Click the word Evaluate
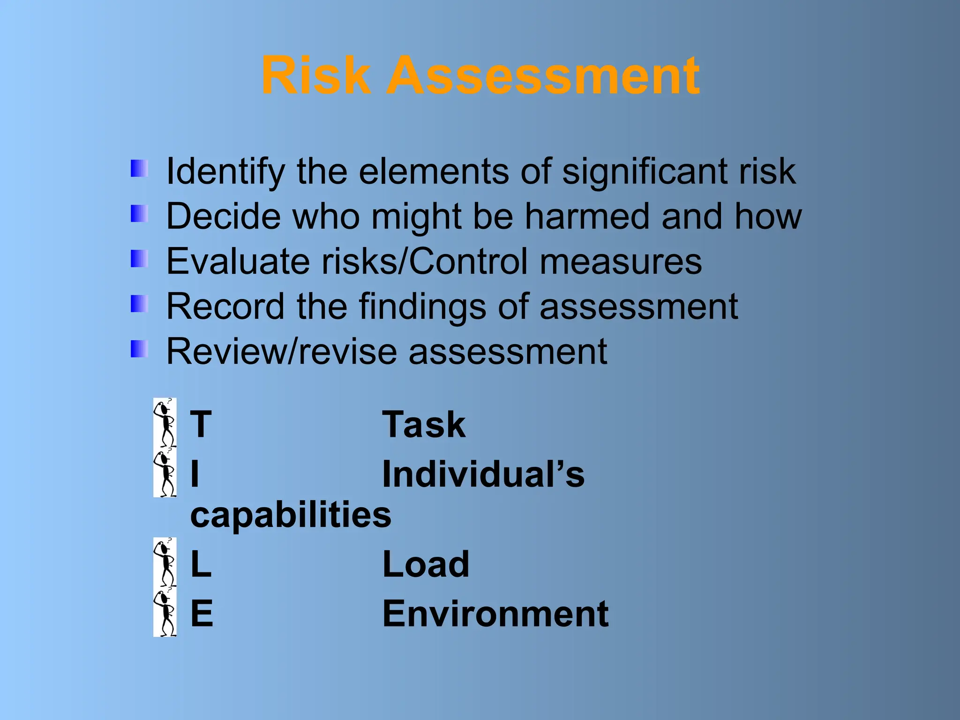pos(238,261)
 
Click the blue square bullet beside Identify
pos(139,169)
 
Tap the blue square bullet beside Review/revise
pos(139,349)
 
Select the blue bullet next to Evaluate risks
pos(139,258)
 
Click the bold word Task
pos(424,425)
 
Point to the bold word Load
pos(426,564)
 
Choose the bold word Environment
pos(495,614)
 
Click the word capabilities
pos(291,516)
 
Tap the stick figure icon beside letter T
pos(165,423)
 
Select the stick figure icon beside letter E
pos(165,613)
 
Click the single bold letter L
pos(201,564)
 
